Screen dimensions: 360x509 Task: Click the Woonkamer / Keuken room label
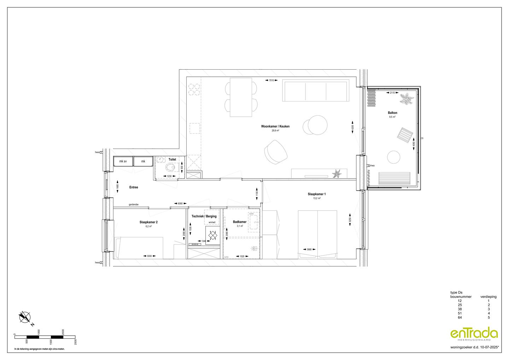(x=275, y=126)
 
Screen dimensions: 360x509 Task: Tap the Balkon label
(x=392, y=113)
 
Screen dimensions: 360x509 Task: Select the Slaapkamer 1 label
(x=317, y=194)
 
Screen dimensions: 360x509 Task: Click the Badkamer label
(x=240, y=222)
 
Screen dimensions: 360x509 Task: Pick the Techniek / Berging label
(x=204, y=216)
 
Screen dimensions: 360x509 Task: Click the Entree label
(x=134, y=187)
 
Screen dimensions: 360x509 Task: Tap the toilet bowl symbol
(x=170, y=167)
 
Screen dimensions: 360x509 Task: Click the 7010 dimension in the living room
(x=271, y=81)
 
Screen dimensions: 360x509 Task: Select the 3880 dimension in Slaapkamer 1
(x=309, y=249)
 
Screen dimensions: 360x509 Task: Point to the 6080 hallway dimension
(x=180, y=203)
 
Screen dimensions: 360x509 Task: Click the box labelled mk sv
(x=123, y=161)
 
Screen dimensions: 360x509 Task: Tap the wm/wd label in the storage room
(x=212, y=222)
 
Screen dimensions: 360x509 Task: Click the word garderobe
(x=133, y=204)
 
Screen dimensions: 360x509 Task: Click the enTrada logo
(x=474, y=334)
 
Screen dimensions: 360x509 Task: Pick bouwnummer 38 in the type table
(x=460, y=309)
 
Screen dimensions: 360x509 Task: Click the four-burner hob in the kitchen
(x=194, y=89)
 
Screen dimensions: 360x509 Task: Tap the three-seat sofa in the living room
(x=316, y=91)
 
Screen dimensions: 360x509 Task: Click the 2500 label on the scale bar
(x=75, y=341)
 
